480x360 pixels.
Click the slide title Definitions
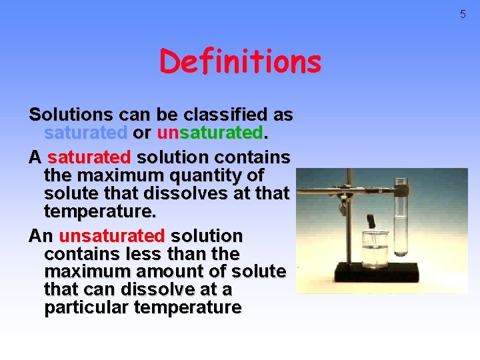point(240,62)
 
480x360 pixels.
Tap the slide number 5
point(463,14)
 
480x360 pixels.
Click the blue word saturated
point(85,133)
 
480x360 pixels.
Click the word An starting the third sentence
point(41,236)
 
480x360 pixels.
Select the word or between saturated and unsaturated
point(141,133)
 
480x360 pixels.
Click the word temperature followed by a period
point(99,211)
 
